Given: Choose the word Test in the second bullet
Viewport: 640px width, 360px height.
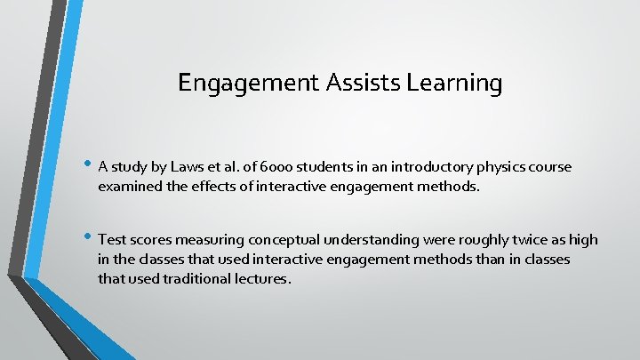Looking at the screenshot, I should [112, 240].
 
